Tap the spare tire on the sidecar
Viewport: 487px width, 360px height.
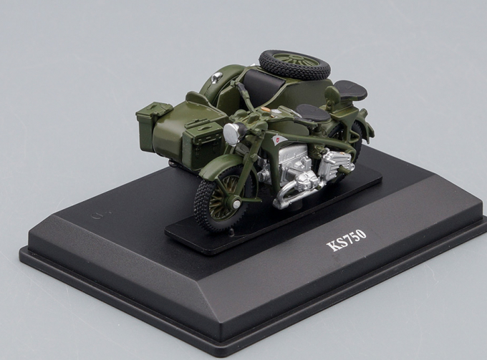(293, 64)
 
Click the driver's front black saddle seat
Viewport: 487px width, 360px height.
(312, 113)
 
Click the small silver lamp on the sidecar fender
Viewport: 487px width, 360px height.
(216, 77)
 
